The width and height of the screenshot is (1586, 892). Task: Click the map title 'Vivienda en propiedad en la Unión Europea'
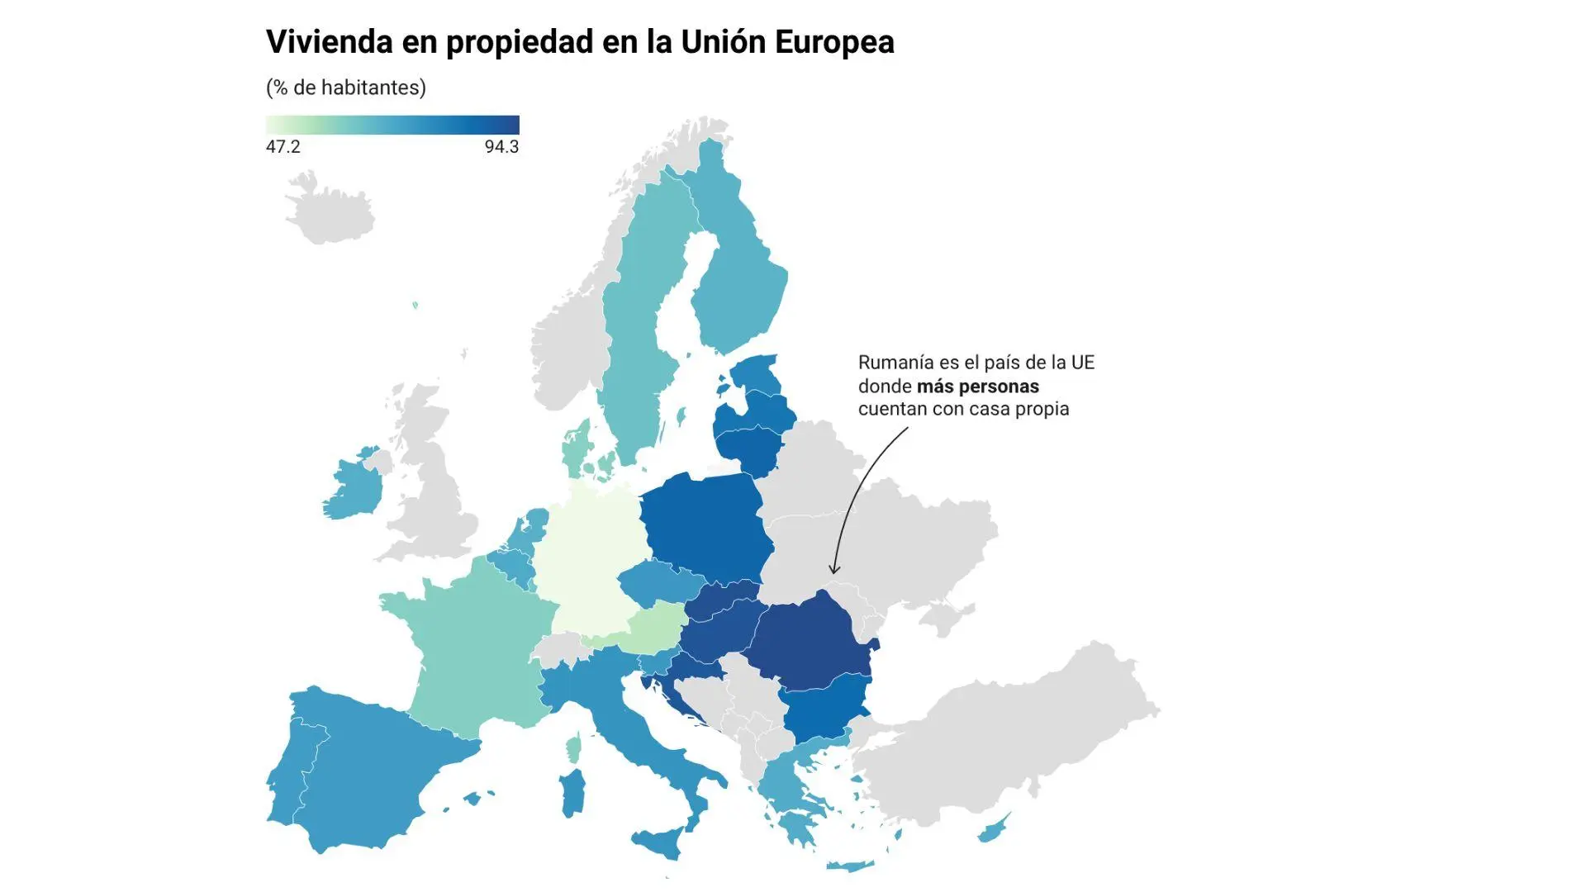[x=580, y=42]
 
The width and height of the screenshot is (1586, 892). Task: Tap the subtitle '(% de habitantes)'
[x=345, y=88]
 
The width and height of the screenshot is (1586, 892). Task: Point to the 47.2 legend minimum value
[x=283, y=147]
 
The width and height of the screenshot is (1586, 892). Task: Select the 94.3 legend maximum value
[x=501, y=147]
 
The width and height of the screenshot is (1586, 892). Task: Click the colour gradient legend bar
[x=392, y=125]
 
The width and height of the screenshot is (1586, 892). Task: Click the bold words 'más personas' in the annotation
[x=977, y=387]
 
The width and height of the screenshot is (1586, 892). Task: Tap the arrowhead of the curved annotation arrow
[x=834, y=570]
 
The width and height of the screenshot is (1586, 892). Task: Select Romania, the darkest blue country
[x=814, y=640]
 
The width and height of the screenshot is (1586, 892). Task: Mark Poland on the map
[x=706, y=529]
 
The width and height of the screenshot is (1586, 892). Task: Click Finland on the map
[x=735, y=281]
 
